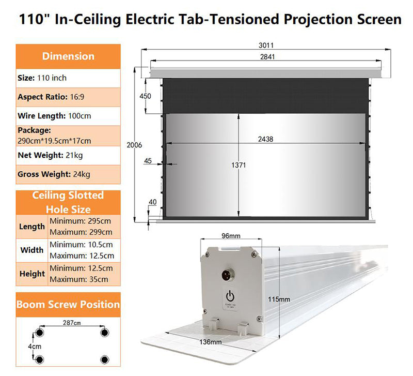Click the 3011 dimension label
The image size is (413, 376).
point(266,46)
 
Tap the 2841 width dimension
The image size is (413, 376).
point(267,57)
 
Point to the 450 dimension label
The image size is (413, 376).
point(146,96)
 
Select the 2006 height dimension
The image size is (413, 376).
point(134,145)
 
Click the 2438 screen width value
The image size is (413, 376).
point(265,139)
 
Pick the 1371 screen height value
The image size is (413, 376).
point(239,165)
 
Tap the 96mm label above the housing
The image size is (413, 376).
point(231,236)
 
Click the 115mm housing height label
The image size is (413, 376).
point(279,299)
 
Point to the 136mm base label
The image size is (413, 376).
point(211,342)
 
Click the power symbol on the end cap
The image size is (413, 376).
point(230,296)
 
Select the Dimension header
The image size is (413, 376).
point(68,56)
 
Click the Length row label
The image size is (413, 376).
point(32,227)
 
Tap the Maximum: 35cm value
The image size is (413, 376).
point(79,279)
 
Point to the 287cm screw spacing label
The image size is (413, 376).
point(72,323)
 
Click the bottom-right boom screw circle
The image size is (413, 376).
point(105,359)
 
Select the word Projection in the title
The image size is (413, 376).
point(318,20)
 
